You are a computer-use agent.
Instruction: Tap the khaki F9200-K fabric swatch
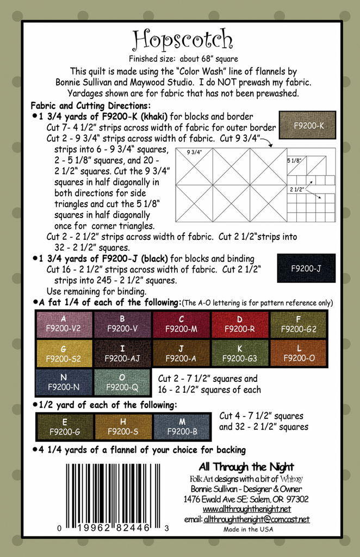tap(307, 125)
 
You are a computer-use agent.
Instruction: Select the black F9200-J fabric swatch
tap(306, 268)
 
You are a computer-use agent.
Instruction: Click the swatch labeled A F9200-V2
tap(64, 324)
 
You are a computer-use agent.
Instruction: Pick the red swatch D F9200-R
tap(240, 324)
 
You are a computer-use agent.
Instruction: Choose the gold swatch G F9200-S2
tap(64, 354)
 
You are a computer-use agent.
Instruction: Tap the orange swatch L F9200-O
tap(299, 354)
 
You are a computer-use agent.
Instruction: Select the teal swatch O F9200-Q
tap(122, 382)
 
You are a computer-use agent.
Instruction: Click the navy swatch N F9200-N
tap(64, 382)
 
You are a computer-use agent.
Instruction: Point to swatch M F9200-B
tap(182, 426)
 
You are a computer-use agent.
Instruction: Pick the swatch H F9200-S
tap(122, 426)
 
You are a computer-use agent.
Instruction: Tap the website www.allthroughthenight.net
tap(246, 509)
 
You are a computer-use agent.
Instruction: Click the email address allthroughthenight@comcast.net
tap(256, 519)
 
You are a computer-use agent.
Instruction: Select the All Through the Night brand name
tap(246, 467)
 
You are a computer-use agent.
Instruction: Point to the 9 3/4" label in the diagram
tap(194, 152)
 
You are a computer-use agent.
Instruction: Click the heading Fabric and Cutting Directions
tap(90, 106)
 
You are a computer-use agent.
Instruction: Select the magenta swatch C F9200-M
tap(182, 324)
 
